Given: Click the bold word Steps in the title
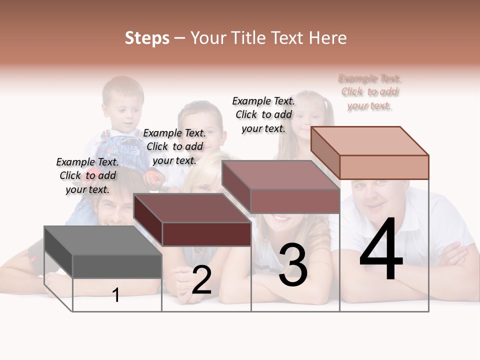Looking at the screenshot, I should click(147, 38).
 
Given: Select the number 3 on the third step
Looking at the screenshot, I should click(292, 265).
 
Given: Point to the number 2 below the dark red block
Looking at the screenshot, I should click(201, 280).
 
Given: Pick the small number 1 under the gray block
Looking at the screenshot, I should click(116, 295).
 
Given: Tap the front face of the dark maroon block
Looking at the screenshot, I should click(206, 234).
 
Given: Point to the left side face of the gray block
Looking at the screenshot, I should click(58, 252).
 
